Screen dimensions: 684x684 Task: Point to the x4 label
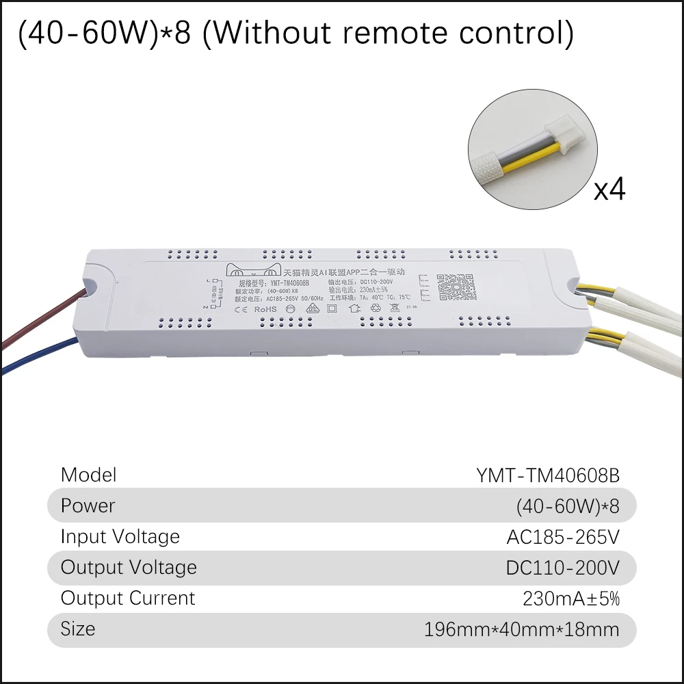609,189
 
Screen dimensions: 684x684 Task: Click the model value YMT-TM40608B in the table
548,475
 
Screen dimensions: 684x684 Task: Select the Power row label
88,505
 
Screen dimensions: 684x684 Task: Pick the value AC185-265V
562,537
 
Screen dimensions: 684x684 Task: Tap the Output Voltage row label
129,567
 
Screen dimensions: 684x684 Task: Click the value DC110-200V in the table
562,568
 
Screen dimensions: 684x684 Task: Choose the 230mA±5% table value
570,598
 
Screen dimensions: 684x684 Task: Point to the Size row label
78,629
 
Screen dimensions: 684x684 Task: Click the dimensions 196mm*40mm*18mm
522,629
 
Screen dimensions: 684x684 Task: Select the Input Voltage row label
120,536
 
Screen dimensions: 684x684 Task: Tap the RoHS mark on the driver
265,308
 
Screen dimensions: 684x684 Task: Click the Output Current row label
128,598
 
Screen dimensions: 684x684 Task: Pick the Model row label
89,475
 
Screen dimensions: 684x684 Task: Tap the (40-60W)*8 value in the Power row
568,506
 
